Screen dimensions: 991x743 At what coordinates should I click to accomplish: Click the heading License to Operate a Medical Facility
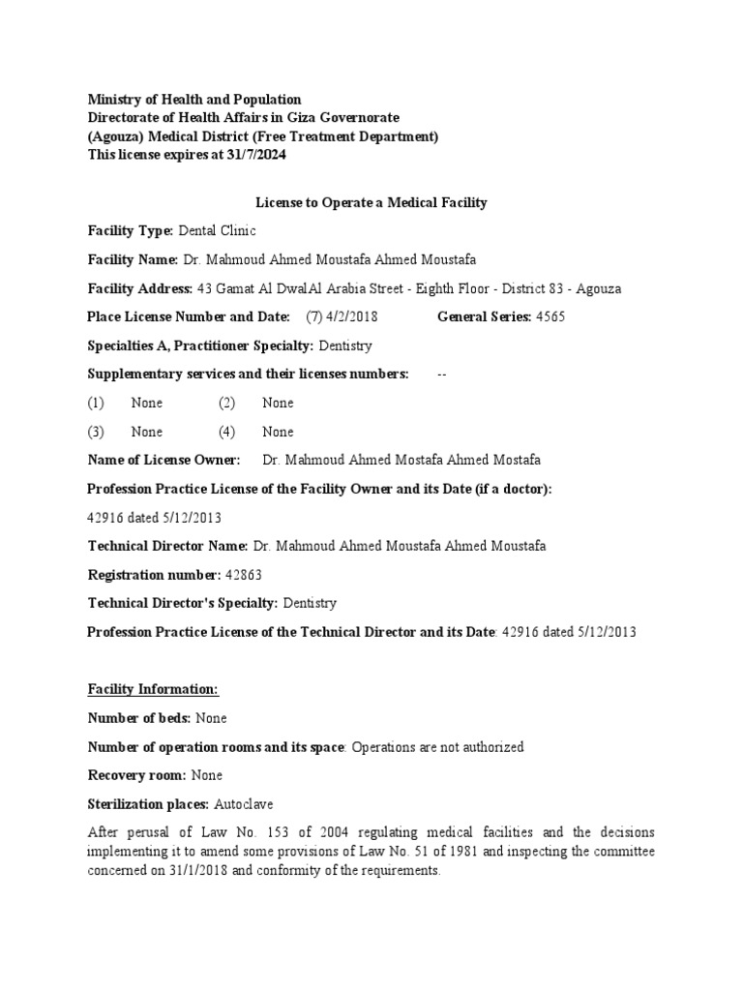point(371,202)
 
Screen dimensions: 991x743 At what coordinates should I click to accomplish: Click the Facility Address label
point(140,288)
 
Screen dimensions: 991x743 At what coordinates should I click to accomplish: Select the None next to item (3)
point(147,432)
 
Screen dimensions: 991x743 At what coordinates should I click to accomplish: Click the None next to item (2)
point(278,403)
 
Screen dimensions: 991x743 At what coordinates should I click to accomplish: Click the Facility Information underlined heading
point(154,689)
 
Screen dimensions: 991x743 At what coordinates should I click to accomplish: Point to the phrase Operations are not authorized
point(437,747)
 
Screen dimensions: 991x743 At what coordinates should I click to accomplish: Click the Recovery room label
point(137,775)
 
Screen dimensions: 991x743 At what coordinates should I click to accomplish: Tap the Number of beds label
point(139,718)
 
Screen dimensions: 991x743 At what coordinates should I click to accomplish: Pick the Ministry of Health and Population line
point(194,100)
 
